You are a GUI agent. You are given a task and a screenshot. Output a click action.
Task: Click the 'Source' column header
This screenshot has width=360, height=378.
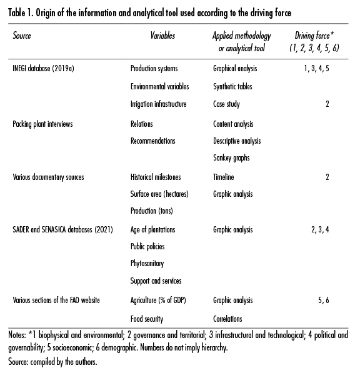22,36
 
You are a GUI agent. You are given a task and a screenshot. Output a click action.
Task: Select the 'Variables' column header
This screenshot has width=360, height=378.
162,36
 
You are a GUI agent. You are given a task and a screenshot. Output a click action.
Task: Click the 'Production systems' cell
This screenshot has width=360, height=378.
154,69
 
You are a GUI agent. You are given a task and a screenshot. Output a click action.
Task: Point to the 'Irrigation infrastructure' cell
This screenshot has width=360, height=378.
159,104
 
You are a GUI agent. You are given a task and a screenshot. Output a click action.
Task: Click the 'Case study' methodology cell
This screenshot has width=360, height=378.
227,104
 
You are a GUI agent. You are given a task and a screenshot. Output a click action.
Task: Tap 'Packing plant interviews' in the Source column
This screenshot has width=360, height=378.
42,124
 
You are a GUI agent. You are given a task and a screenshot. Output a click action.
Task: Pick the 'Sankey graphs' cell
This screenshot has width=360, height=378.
231,158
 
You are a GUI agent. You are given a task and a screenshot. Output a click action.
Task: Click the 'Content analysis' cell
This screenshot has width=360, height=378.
233,124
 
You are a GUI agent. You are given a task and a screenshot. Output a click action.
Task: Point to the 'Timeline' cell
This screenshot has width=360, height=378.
223,177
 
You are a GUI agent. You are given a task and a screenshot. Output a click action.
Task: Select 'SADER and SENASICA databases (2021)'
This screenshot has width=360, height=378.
62,230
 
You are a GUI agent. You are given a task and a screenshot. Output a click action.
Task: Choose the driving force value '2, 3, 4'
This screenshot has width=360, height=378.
319,230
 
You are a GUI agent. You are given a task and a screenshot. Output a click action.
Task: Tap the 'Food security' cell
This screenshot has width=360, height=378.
147,319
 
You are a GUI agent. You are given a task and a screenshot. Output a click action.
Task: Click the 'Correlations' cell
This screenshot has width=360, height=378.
228,319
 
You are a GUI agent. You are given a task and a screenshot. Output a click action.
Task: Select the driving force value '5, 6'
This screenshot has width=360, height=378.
323,301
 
